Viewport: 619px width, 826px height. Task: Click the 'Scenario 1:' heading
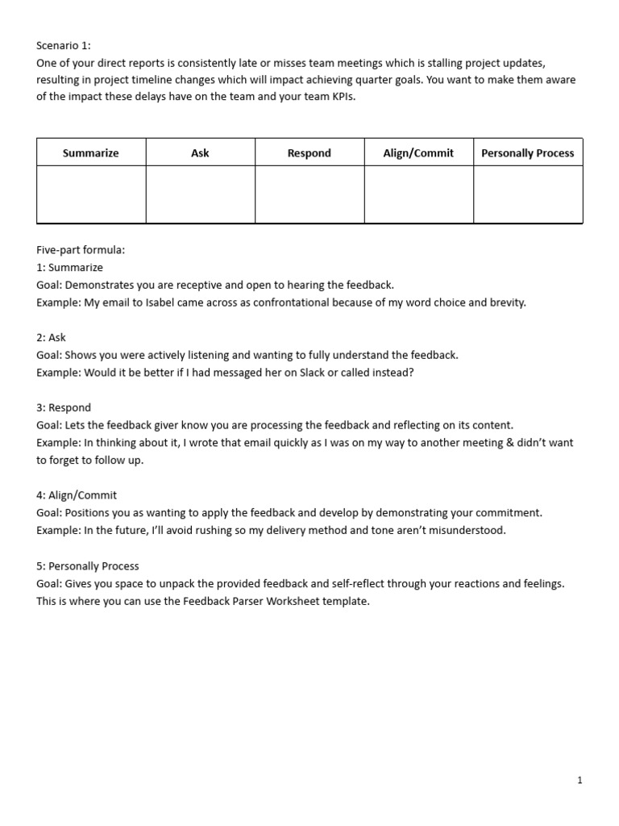click(64, 46)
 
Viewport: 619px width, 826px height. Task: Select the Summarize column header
click(91, 152)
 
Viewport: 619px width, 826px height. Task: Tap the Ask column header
click(200, 152)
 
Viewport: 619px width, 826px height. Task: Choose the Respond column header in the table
click(309, 152)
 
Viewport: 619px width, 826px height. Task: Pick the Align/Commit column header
click(418, 152)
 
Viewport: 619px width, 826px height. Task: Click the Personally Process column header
click(528, 152)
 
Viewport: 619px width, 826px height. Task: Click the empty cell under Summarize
click(91, 194)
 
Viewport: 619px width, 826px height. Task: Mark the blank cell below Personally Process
click(528, 194)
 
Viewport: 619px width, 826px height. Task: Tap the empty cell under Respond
click(309, 194)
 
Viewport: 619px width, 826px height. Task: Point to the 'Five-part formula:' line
click(81, 250)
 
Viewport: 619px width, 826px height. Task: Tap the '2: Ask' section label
click(51, 337)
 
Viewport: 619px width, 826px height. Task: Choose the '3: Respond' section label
click(64, 407)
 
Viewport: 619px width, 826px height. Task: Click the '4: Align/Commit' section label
click(77, 495)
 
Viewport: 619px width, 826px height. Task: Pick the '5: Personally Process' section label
click(88, 566)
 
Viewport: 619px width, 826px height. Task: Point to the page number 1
click(580, 780)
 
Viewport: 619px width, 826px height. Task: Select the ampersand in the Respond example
click(508, 443)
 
